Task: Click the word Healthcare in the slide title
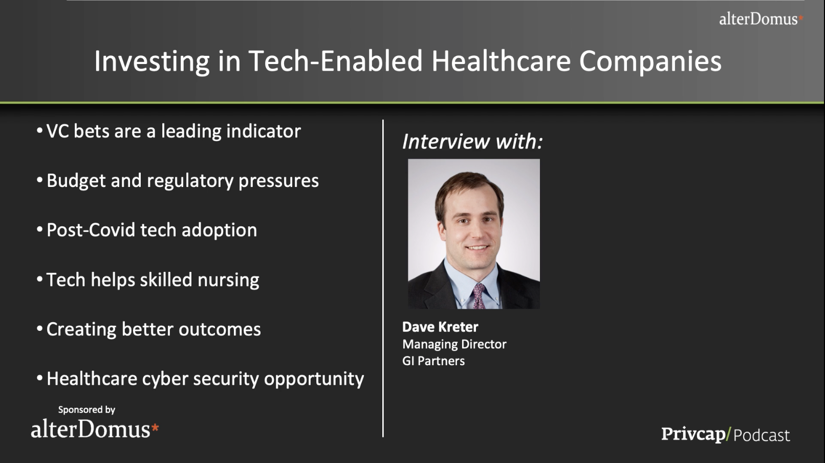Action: point(501,60)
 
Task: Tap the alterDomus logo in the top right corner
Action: point(761,19)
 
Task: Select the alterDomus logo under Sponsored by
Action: point(95,429)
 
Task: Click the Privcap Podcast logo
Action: point(726,435)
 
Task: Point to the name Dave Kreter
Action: point(440,327)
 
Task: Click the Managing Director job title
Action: point(454,344)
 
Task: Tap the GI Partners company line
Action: point(433,361)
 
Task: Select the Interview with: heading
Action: point(472,141)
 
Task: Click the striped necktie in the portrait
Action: point(479,297)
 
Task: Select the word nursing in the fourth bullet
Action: point(228,280)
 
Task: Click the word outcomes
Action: point(220,329)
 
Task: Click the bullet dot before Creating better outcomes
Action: point(40,328)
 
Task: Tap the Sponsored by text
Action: point(86,410)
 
